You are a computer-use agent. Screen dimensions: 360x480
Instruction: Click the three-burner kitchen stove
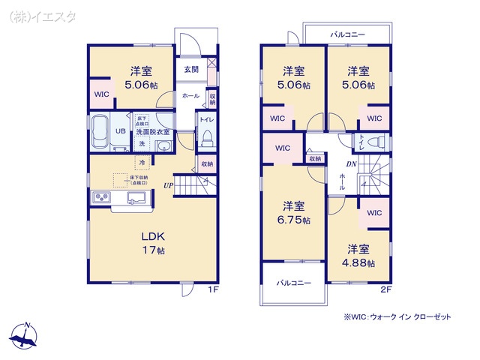tap(102, 198)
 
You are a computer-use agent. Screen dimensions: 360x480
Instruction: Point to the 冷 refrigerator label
tap(141, 161)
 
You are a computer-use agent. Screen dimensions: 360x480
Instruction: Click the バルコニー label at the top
tap(347, 34)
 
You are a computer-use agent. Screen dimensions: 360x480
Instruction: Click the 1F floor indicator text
tap(214, 289)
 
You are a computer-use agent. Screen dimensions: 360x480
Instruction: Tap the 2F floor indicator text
tap(385, 289)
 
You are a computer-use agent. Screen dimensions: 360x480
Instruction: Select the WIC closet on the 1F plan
tap(101, 95)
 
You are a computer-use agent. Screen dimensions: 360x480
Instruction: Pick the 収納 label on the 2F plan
tap(314, 158)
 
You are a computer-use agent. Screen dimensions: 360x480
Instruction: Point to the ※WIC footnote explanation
tap(397, 317)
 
